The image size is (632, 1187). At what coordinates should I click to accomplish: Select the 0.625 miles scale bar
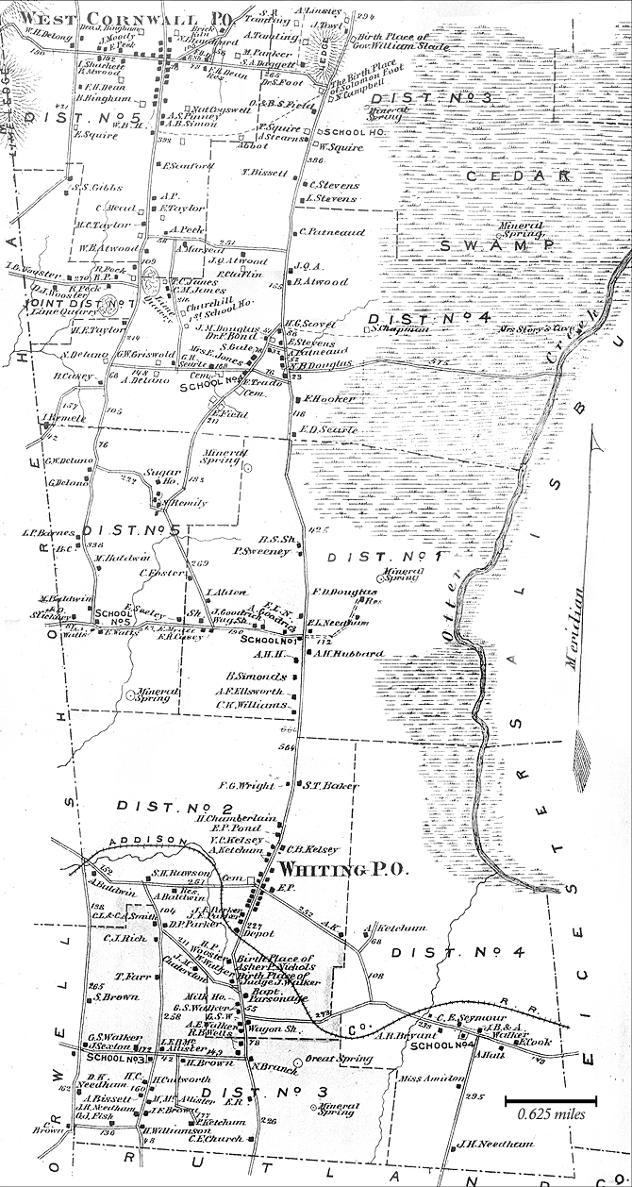[552, 1100]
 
